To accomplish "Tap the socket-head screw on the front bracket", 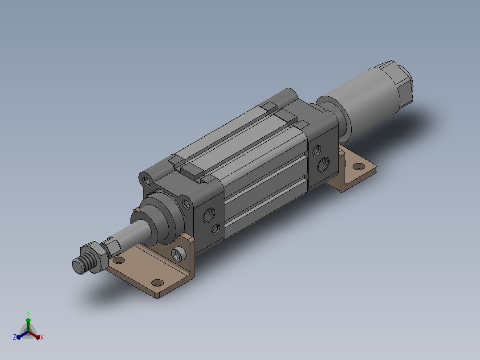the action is (x=179, y=254).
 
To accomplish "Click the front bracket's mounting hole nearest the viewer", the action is (x=158, y=282).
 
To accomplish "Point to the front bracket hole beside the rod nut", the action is (x=119, y=261).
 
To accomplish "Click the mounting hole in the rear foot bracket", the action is (x=359, y=167).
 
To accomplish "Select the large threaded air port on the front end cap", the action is (x=209, y=215).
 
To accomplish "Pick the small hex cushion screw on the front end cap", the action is (x=216, y=229).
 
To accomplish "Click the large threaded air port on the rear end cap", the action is (x=323, y=164).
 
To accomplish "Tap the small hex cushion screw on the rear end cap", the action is (x=317, y=151).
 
